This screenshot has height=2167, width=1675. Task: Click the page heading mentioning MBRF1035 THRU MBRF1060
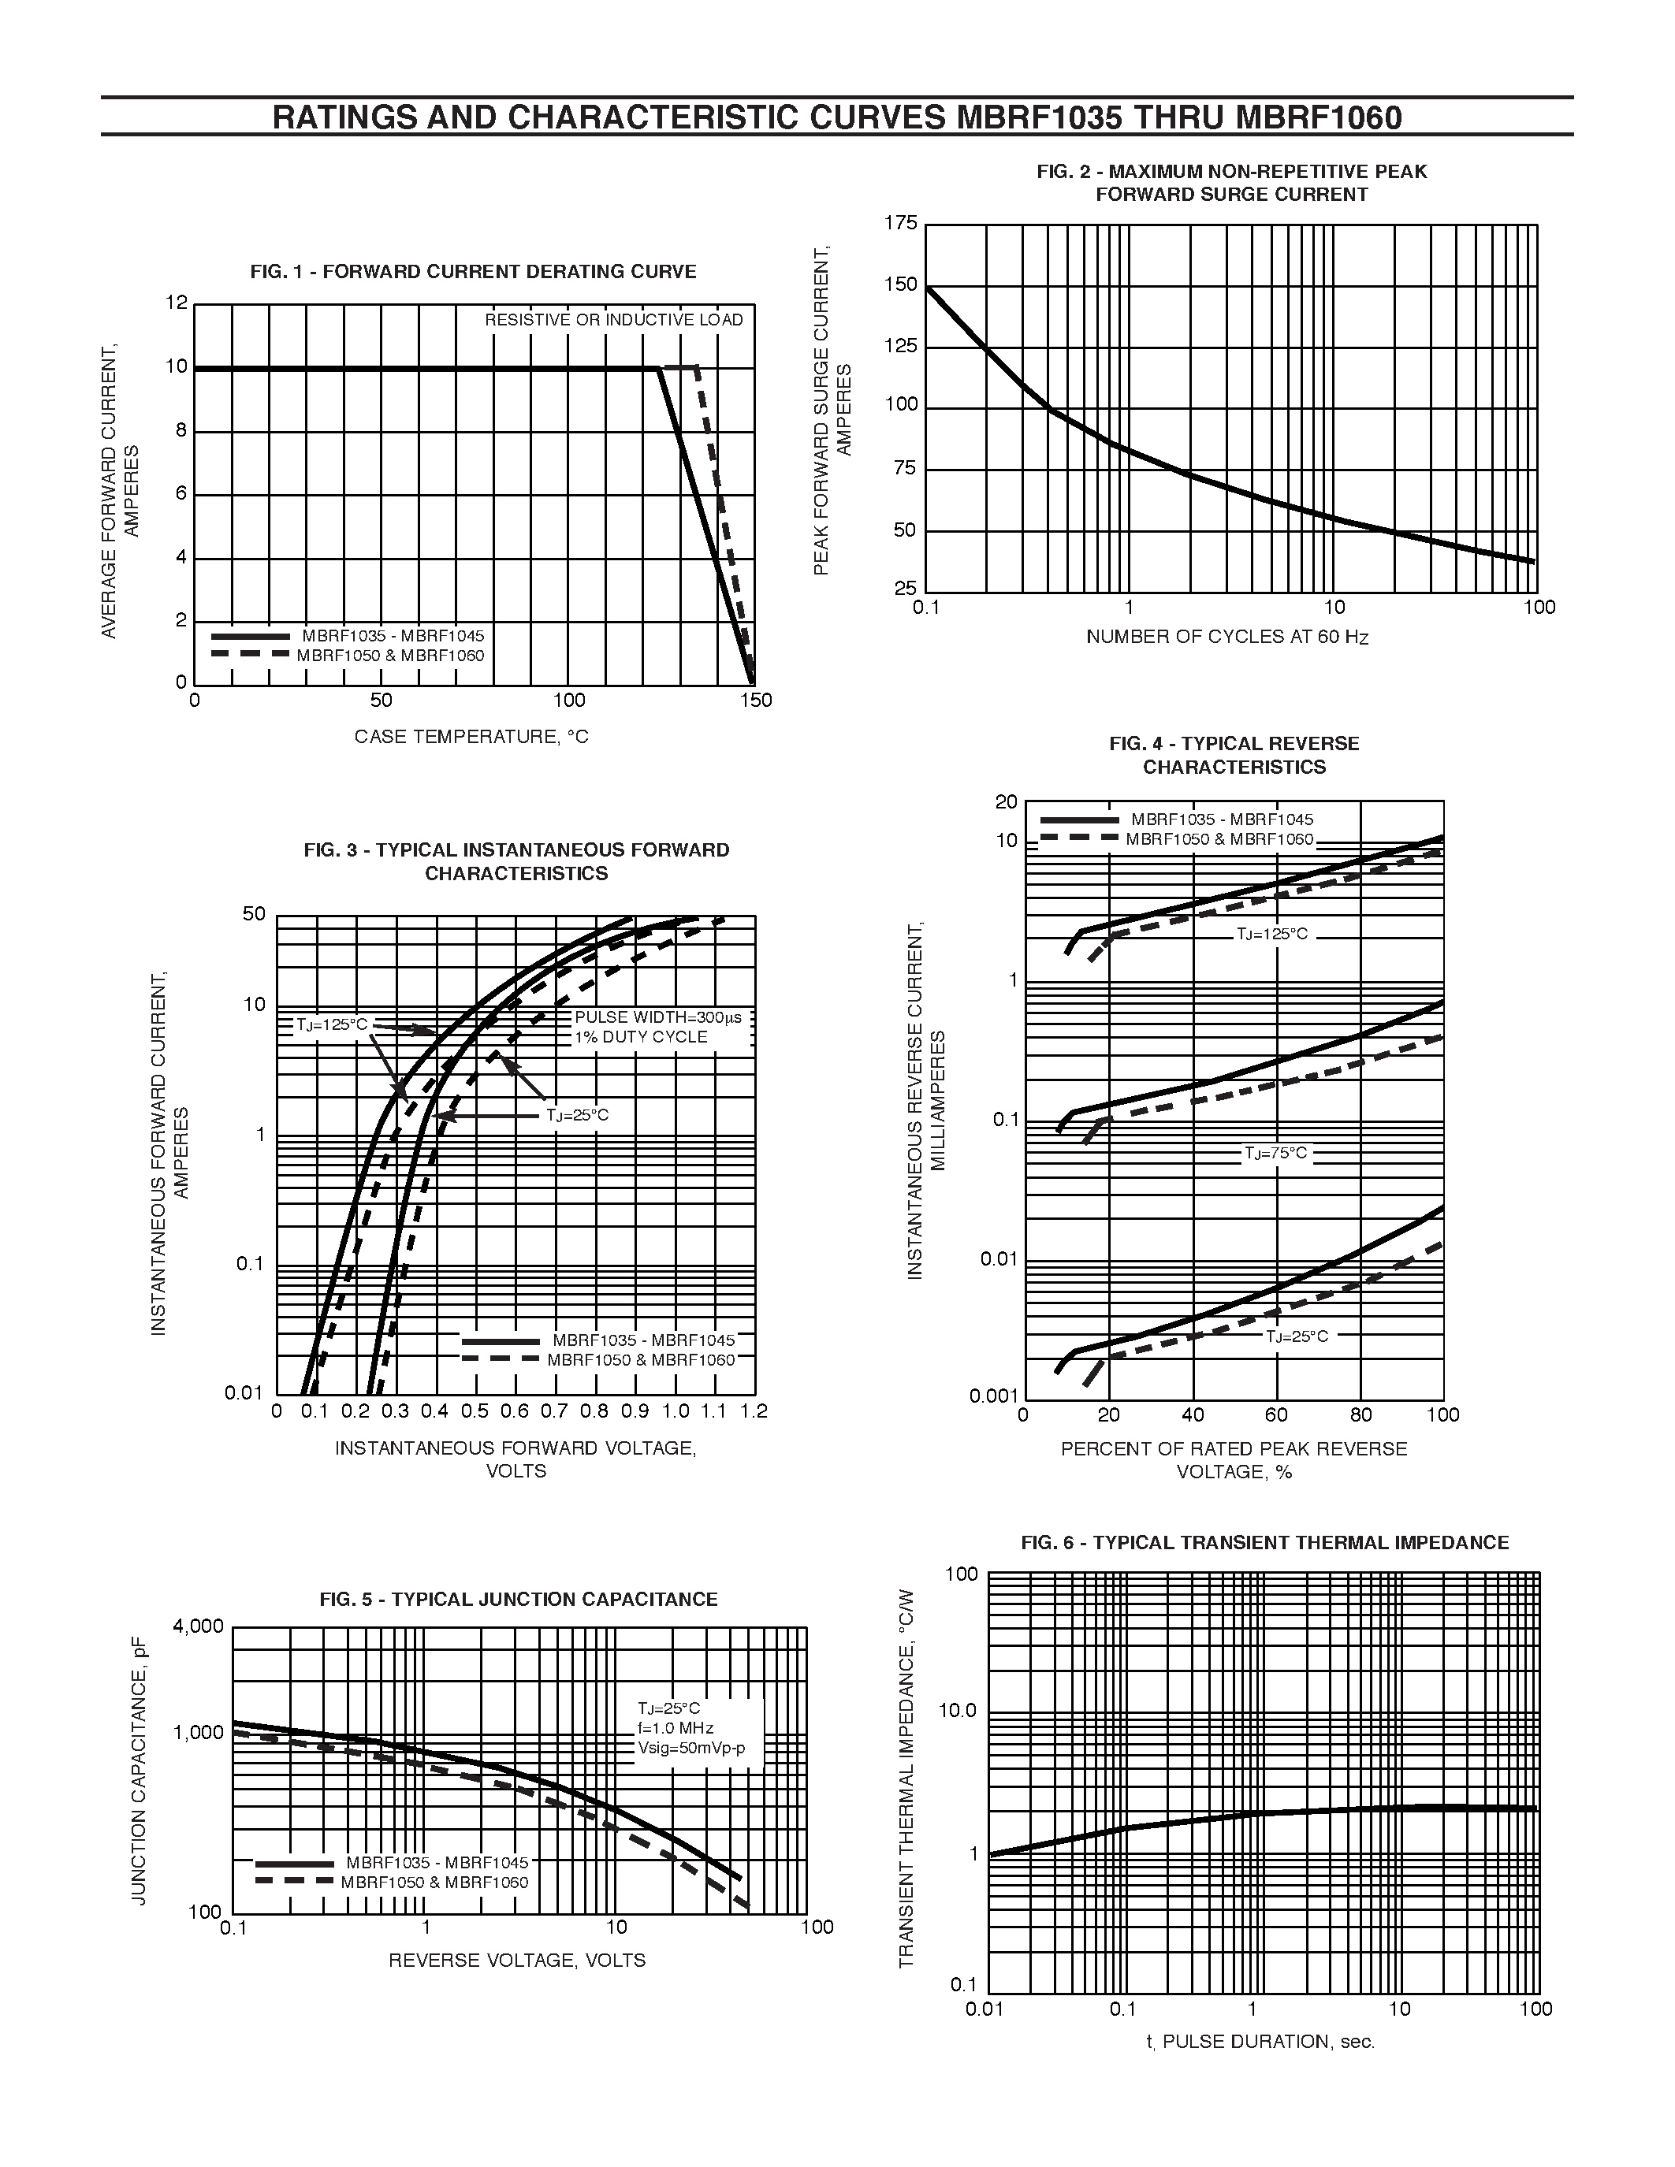coord(836,118)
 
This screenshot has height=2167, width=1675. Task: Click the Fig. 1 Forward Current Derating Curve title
coord(473,272)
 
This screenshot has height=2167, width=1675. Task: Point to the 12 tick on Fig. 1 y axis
coord(177,303)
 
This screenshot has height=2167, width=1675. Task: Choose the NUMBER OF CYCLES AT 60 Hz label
coord(1227,637)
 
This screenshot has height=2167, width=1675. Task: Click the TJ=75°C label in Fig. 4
coord(1276,1153)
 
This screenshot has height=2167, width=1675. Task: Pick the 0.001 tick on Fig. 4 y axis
coord(993,1396)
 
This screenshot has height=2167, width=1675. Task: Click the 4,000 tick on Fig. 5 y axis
coord(199,1626)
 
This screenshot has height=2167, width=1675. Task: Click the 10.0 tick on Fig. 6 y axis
coord(958,1712)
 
